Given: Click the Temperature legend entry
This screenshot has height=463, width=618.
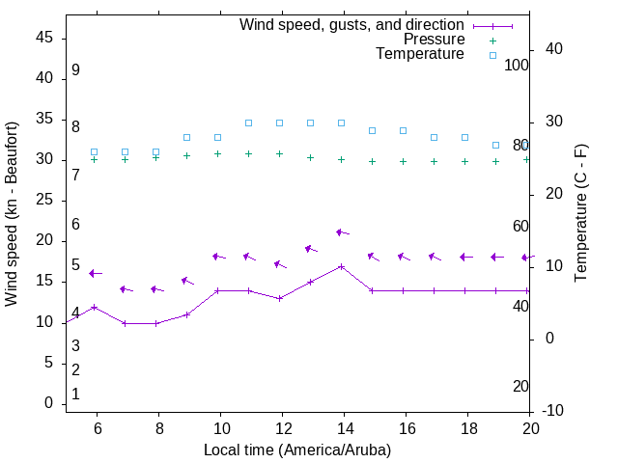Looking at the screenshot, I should (420, 55).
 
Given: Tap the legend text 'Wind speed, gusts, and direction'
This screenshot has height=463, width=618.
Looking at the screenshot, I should (352, 24).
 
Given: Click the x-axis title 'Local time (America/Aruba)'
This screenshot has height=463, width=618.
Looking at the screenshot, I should (297, 449).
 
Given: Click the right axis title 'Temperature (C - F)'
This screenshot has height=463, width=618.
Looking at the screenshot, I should (580, 214).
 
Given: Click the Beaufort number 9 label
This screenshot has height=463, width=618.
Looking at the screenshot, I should (75, 70).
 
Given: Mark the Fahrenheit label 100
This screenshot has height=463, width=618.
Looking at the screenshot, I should (517, 65).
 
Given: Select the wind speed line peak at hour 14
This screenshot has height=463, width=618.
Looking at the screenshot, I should (342, 266).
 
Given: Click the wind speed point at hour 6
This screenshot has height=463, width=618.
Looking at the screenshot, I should (94, 307).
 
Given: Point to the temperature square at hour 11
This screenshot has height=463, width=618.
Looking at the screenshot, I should (248, 123).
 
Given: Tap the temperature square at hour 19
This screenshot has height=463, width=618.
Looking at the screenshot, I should (495, 145).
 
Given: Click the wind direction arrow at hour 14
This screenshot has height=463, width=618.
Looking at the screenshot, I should (342, 232).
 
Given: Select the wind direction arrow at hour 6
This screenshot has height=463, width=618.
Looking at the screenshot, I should (95, 274).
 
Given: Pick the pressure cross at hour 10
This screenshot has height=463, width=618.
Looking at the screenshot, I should (217, 153).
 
